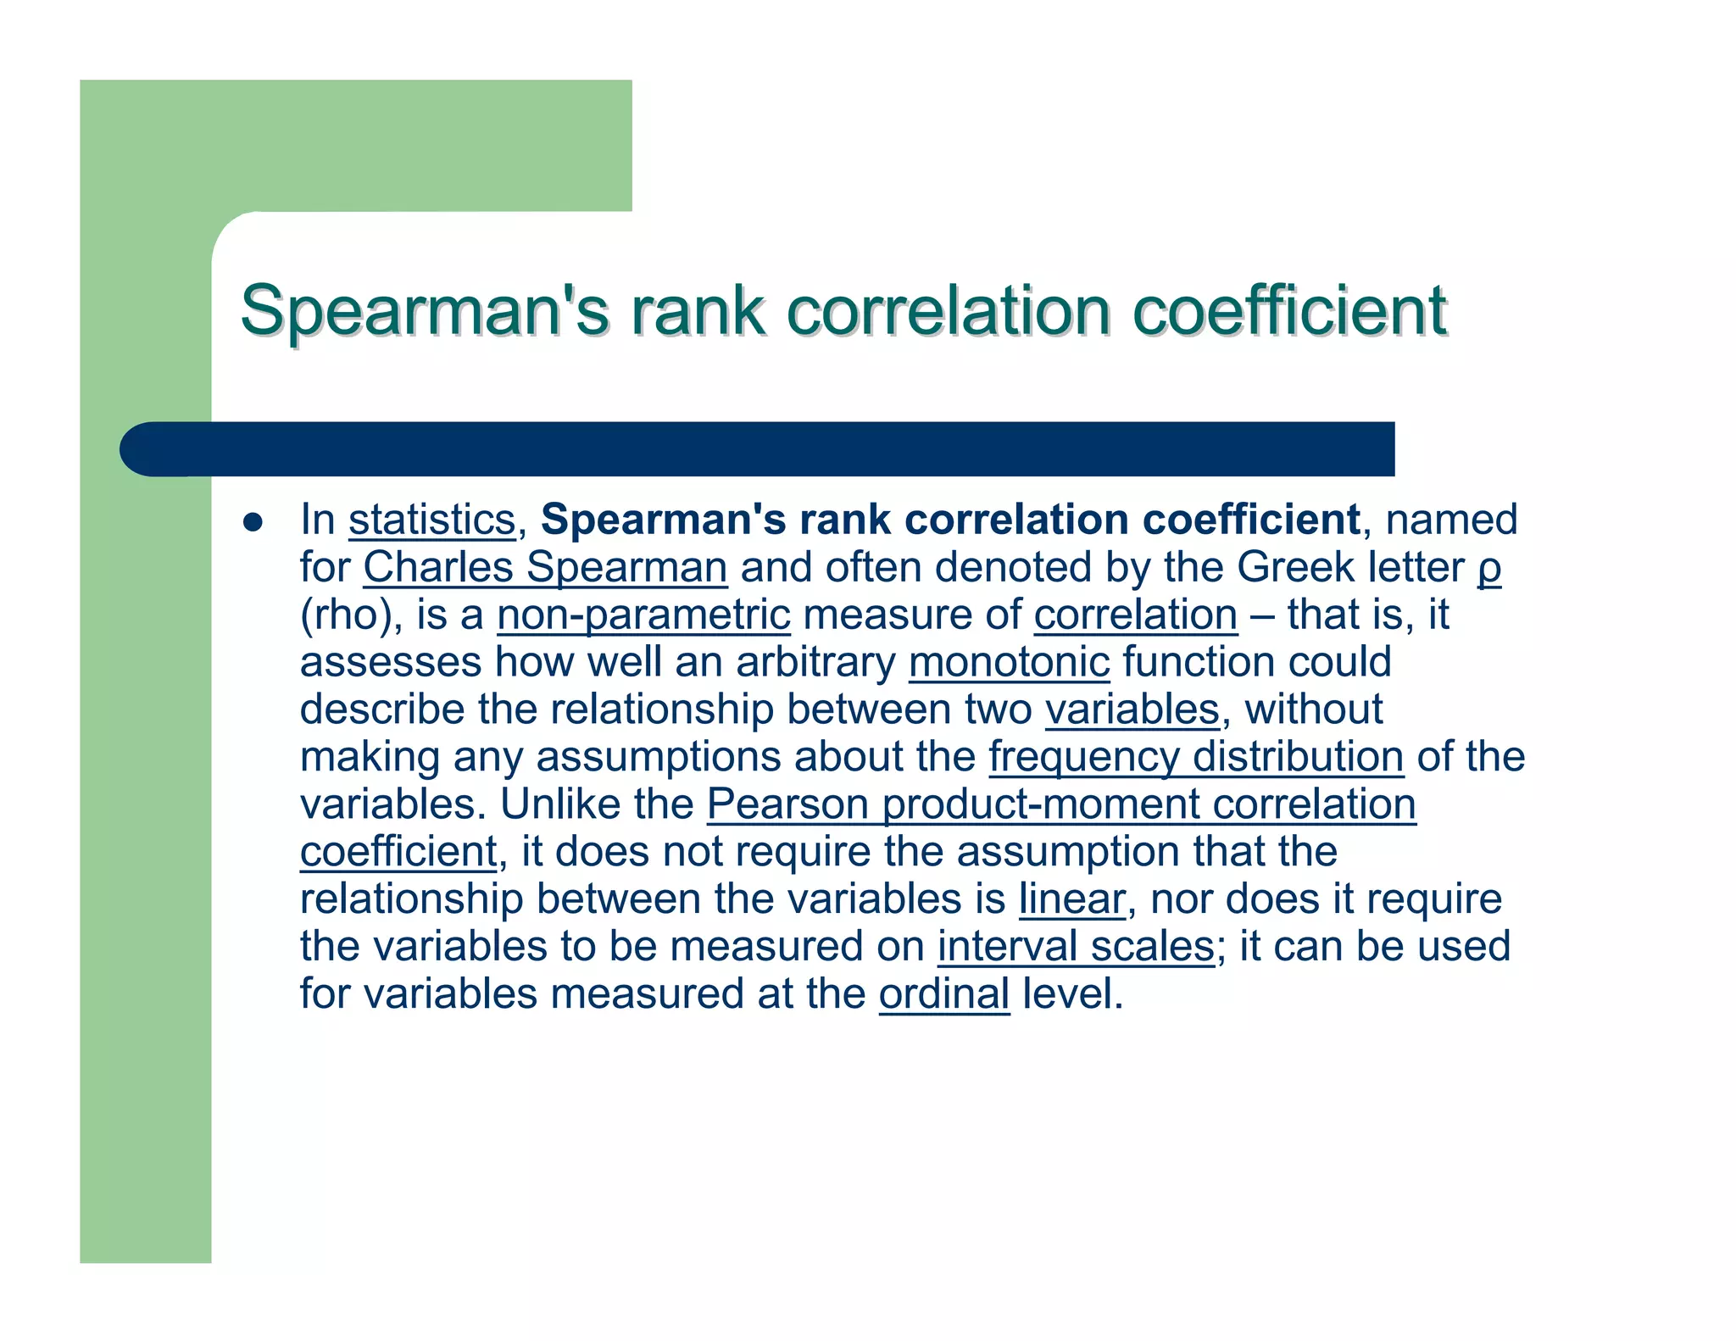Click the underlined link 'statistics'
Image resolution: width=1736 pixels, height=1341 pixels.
tap(431, 520)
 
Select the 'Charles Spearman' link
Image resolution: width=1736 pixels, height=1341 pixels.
tap(545, 567)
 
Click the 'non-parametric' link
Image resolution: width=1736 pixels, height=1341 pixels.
tap(643, 615)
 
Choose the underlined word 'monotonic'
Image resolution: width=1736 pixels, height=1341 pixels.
tap(1009, 662)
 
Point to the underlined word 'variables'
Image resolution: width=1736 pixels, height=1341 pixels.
tap(1132, 709)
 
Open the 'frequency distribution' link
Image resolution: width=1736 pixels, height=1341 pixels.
tap(1196, 757)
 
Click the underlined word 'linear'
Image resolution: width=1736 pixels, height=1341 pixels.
tap(1072, 899)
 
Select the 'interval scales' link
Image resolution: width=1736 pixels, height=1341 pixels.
tap(1076, 947)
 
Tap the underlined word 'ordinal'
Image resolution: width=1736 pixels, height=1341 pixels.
tap(944, 994)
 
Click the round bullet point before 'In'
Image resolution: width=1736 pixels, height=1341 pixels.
tap(253, 521)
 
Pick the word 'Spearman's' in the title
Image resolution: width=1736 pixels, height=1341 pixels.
tap(425, 310)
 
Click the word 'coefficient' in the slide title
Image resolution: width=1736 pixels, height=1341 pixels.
tap(1289, 310)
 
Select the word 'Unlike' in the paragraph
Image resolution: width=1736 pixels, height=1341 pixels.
tap(559, 804)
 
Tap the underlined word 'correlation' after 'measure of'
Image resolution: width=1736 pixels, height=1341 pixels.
tap(1135, 615)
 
